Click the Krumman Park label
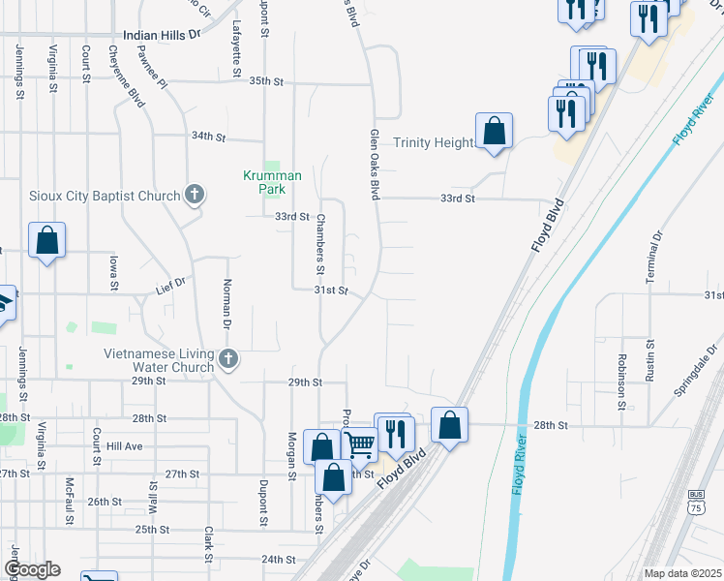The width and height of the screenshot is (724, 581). point(272,183)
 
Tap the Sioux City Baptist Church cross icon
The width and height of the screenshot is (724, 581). point(195,196)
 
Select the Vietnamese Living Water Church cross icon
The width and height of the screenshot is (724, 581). point(228,360)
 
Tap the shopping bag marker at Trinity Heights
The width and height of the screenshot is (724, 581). point(494,130)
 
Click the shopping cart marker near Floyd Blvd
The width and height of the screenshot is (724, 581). point(360,445)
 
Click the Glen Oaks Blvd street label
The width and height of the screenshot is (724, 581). point(373,165)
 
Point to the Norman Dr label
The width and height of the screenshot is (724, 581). point(226,301)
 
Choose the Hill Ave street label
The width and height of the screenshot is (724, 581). point(125,446)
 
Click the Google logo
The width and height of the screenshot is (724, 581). point(31,569)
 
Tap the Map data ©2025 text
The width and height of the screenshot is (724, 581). point(682,573)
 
